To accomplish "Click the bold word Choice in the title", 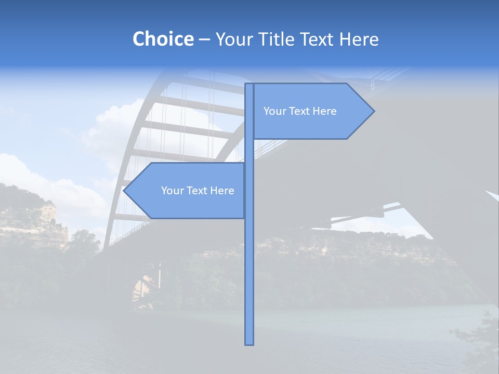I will pyautogui.click(x=163, y=39).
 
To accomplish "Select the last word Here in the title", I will pyautogui.click(x=359, y=39).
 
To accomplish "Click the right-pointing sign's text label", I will pyautogui.click(x=300, y=111).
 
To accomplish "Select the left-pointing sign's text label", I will pyautogui.click(x=198, y=191).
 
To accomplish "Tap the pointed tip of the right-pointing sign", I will pyautogui.click(x=373, y=111).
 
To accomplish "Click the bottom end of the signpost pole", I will pyautogui.click(x=249, y=343).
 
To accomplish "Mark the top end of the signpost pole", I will pyautogui.click(x=249, y=85).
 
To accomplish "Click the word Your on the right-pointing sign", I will pyautogui.click(x=273, y=111).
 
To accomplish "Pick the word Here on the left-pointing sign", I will pyautogui.click(x=222, y=191).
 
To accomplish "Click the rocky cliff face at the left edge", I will pyautogui.click(x=36, y=218).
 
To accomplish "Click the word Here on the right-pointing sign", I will pyautogui.click(x=324, y=111).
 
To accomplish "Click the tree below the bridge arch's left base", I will pyautogui.click(x=83, y=244).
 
